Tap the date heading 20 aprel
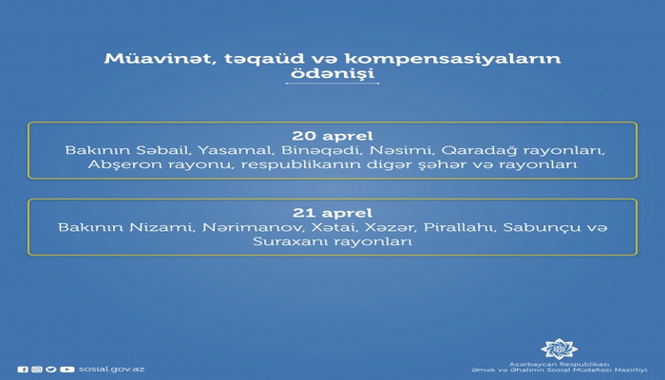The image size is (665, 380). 332,135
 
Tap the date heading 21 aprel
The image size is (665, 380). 332,212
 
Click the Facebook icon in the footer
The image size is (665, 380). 23,369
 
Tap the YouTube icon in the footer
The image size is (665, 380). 66,369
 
